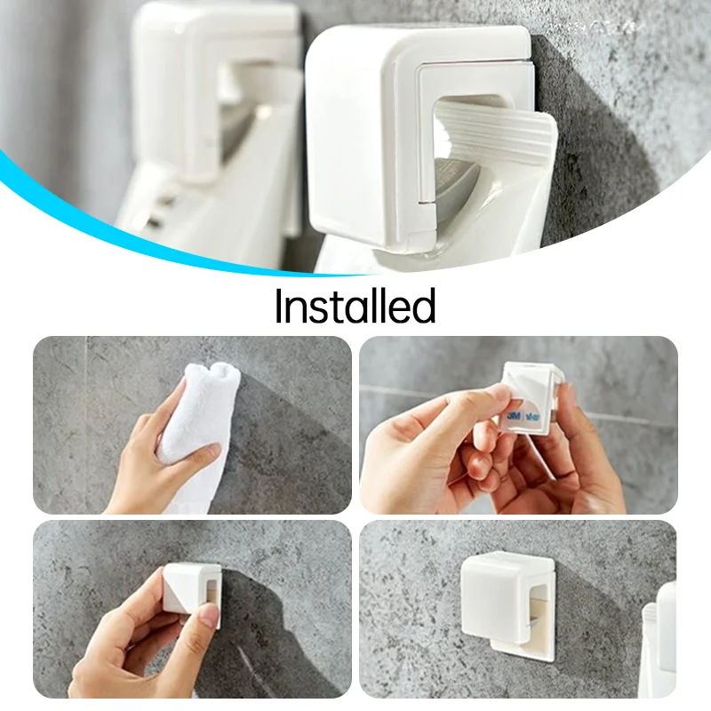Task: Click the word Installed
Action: point(355,306)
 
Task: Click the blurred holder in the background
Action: point(213,80)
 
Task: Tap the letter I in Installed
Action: point(279,306)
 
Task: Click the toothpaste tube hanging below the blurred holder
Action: point(213,213)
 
